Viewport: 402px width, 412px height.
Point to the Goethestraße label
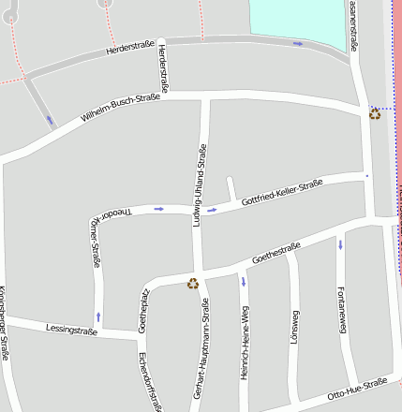(275, 253)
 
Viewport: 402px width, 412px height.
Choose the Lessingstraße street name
(71, 329)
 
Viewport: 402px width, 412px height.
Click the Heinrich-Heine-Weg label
(244, 355)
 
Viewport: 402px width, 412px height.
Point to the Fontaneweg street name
(342, 310)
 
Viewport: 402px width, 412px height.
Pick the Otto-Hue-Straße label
(357, 389)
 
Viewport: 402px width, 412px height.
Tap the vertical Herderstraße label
(164, 66)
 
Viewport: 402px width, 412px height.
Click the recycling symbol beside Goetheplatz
(193, 283)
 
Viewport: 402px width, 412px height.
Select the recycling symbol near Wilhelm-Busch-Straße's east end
(375, 113)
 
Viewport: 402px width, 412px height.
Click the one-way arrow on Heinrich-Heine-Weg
(243, 281)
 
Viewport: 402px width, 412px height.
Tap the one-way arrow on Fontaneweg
(340, 244)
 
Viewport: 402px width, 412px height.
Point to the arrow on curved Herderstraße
(298, 43)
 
